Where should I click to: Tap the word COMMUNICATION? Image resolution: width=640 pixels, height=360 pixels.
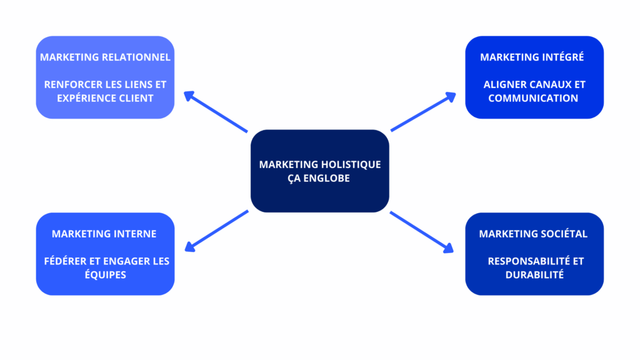pyautogui.click(x=533, y=98)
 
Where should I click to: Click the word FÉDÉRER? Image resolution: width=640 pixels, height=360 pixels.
pyautogui.click(x=65, y=261)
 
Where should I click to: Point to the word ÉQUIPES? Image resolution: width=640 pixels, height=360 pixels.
pyautogui.click(x=105, y=274)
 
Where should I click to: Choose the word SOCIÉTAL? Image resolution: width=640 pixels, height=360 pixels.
pyautogui.click(x=563, y=234)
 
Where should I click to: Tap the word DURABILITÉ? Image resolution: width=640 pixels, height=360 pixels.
pyautogui.click(x=534, y=274)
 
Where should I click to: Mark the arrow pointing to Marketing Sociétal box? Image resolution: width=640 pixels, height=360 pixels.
pyautogui.click(x=422, y=232)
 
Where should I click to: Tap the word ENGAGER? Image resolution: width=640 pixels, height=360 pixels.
pyautogui.click(x=123, y=261)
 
